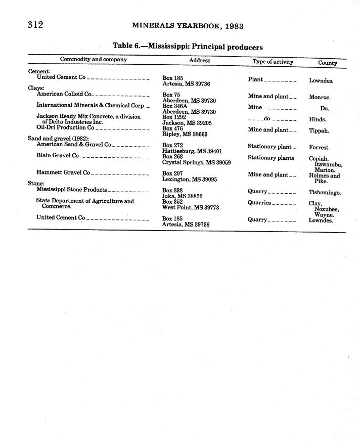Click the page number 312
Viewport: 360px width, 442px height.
click(35, 25)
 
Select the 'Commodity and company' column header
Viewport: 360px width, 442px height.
click(94, 60)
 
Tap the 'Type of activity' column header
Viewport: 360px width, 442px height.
click(273, 62)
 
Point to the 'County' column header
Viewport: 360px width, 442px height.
click(328, 63)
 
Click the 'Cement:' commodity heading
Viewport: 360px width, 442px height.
click(39, 71)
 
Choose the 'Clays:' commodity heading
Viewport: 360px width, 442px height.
click(36, 88)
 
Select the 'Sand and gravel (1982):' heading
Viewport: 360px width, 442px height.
click(58, 138)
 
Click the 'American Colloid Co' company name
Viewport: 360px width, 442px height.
click(64, 94)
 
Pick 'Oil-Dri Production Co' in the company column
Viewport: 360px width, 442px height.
click(65, 127)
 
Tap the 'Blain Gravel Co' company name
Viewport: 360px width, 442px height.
click(57, 156)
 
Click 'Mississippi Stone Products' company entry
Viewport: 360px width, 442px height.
click(71, 190)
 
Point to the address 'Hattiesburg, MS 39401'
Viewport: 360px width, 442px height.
click(192, 151)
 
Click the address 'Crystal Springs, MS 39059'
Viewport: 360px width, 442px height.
click(196, 163)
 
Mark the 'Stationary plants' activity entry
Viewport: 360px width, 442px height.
click(271, 158)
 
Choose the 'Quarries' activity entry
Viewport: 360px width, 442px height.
click(259, 203)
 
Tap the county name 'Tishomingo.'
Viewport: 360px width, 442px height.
click(325, 193)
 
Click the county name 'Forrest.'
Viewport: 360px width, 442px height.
click(319, 148)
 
